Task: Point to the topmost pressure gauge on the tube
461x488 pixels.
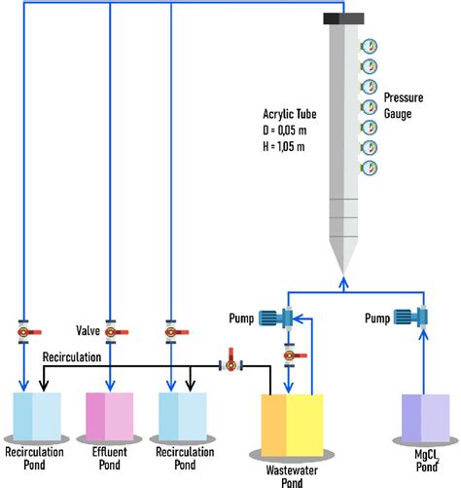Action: (370, 46)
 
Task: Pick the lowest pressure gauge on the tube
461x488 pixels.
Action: (370, 169)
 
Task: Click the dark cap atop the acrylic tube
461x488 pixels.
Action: (343, 18)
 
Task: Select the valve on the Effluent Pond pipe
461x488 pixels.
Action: (111, 331)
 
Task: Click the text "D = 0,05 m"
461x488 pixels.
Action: (289, 131)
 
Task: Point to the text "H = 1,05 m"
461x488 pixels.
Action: (289, 146)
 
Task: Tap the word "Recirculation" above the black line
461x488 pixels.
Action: (71, 357)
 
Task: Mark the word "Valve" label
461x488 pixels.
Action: (89, 330)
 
